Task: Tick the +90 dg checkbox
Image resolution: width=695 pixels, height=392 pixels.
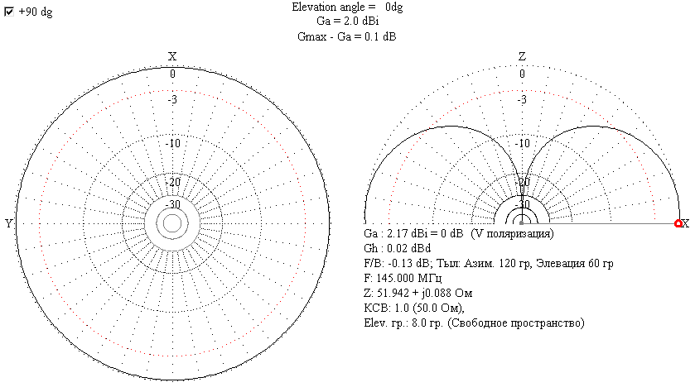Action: pos(9,12)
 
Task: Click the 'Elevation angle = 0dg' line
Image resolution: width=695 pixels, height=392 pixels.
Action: pos(347,7)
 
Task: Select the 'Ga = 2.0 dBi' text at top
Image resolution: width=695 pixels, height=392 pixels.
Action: pos(347,22)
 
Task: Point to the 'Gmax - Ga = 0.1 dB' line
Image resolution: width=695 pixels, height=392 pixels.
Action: pos(347,36)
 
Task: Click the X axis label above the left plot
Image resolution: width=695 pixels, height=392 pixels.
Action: pos(172,56)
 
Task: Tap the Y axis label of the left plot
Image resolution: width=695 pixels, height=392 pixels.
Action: pos(9,223)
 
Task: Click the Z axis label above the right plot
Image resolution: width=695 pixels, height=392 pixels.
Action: pos(522,56)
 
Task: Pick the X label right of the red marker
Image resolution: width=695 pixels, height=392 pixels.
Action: pos(686,223)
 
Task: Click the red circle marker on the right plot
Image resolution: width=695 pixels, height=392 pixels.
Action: pos(678,223)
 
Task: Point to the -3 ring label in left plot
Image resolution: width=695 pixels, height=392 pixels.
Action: pos(172,99)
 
